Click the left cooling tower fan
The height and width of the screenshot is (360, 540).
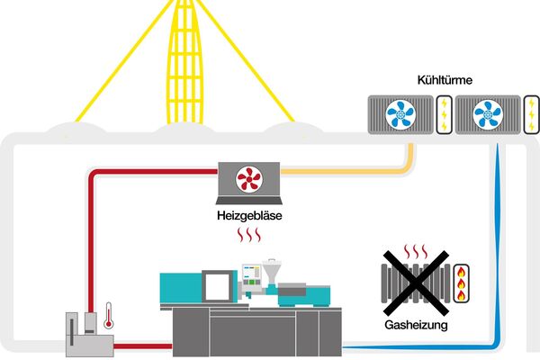(401, 116)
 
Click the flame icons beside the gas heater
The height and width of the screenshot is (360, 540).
(463, 281)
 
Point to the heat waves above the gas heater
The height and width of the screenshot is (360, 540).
(415, 249)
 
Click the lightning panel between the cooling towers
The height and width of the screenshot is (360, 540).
(445, 116)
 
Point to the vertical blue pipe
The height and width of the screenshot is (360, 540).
(498, 243)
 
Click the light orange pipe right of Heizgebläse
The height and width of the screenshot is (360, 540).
(360, 169)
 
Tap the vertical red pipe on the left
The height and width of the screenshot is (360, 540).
(91, 243)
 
